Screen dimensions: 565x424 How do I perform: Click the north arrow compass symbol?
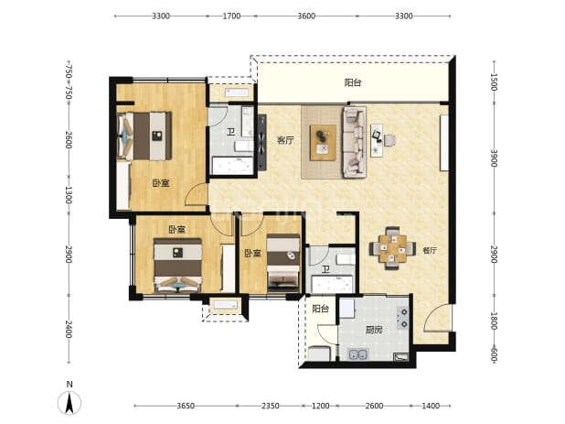tap(69, 402)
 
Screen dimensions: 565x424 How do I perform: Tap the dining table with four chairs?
tap(392, 248)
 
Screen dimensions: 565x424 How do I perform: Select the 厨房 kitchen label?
tap(374, 330)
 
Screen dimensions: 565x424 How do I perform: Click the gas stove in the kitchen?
tap(402, 318)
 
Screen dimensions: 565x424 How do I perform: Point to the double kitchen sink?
tap(358, 354)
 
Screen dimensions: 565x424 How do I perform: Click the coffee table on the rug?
tap(324, 142)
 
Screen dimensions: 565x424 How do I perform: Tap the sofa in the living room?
tap(354, 142)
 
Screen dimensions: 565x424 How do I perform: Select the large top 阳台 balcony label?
tap(353, 82)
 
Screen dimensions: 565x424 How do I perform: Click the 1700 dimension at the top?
tap(231, 16)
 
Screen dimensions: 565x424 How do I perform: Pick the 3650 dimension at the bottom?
tap(186, 406)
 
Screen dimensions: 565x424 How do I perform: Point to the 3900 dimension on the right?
tap(494, 158)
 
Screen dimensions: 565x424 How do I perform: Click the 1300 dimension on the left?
tap(69, 194)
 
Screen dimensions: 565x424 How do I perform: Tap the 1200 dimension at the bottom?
tap(320, 406)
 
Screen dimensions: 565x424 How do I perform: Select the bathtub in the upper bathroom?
tap(232, 166)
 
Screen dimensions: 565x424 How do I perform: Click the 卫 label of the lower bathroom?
tap(325, 269)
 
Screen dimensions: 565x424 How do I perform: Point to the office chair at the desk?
tap(389, 140)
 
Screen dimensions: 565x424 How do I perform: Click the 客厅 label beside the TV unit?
tap(285, 140)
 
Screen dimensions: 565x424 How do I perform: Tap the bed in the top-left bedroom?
tap(144, 136)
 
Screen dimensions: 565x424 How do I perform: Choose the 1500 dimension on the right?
tap(494, 82)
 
